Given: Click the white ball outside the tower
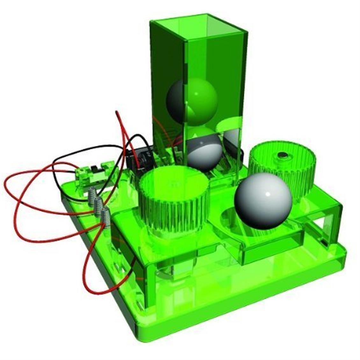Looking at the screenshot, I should click(x=263, y=201).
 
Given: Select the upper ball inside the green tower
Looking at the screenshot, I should click(x=192, y=100).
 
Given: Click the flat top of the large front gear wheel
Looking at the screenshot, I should click(x=174, y=183).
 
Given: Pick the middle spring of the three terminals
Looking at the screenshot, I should click(x=99, y=205).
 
